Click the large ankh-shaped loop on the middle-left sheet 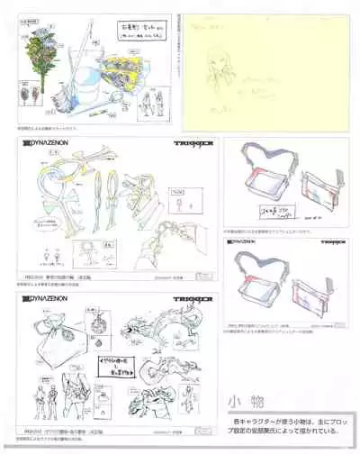(47, 194)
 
